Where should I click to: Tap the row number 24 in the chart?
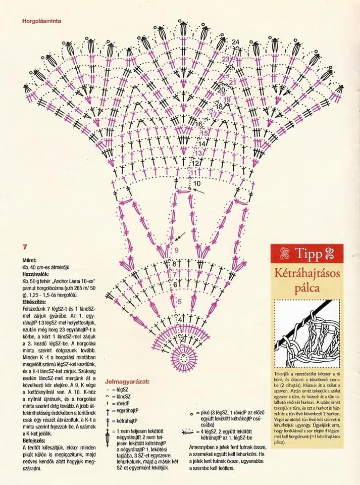236,41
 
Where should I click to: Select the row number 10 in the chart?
197,183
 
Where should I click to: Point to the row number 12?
195,163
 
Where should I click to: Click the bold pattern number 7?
24,248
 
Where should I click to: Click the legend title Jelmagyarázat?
127,382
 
